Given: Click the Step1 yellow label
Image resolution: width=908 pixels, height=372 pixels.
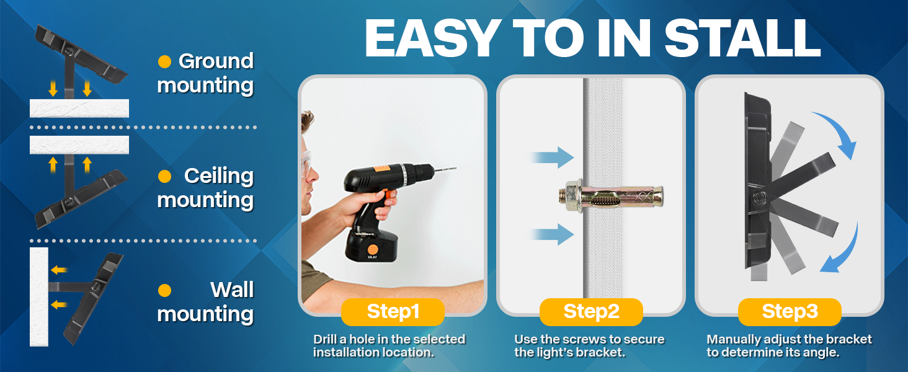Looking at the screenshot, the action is click(x=393, y=312).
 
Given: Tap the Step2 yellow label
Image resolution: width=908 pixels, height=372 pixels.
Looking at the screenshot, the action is click(x=591, y=312).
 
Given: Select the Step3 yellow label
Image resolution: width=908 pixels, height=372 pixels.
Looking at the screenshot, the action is click(x=790, y=312).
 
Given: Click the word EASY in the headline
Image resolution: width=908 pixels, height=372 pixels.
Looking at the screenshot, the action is click(x=432, y=38).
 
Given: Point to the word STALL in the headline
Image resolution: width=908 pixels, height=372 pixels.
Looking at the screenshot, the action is click(x=742, y=38).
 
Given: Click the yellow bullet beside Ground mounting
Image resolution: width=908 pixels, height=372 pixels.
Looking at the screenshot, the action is click(x=164, y=61).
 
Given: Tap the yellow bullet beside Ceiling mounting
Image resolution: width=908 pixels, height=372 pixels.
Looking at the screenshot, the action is click(x=164, y=176).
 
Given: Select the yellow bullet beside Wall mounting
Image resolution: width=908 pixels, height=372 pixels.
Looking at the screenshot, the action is click(x=164, y=291).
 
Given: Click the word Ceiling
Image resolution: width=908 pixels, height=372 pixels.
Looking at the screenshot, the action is click(x=219, y=176).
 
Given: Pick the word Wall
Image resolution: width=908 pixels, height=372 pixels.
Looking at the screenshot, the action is click(x=232, y=290).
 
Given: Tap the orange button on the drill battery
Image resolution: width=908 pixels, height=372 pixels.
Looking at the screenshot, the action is click(x=372, y=249).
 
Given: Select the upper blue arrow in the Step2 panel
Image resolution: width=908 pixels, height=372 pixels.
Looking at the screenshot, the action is click(x=553, y=157).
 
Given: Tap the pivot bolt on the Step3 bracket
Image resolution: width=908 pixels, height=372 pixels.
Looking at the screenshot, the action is click(x=759, y=198).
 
